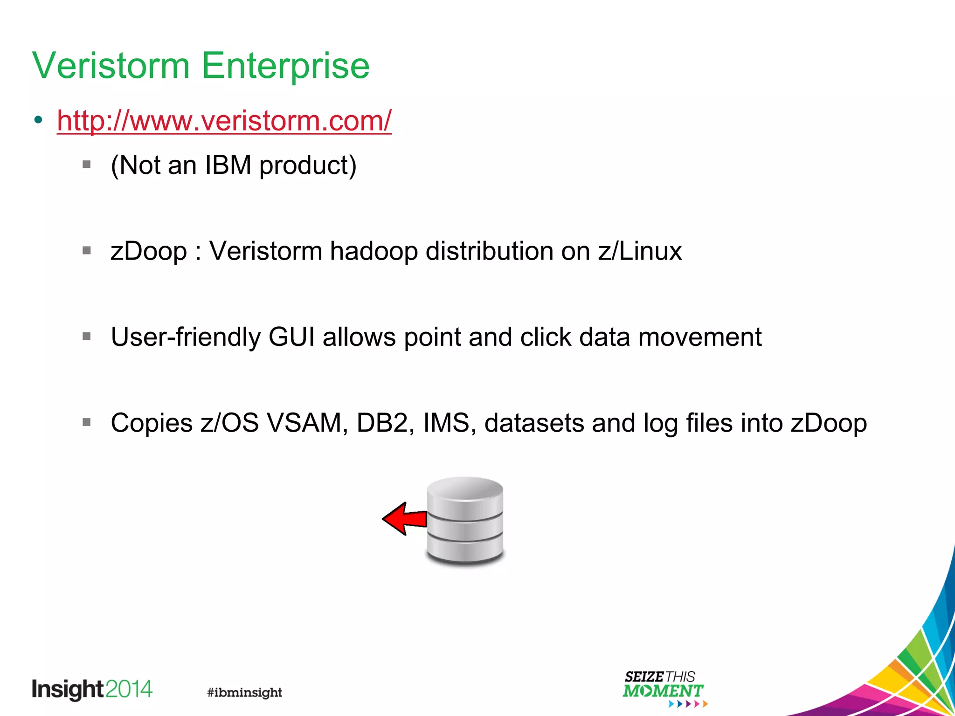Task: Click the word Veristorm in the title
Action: pos(111,66)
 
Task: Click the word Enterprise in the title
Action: pos(285,66)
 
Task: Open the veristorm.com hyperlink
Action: pos(224,121)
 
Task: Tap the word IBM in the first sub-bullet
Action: pos(228,165)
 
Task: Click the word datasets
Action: pos(534,423)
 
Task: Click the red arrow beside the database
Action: pos(404,518)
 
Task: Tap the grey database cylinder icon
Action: pos(465,521)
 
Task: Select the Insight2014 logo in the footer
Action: pos(92,689)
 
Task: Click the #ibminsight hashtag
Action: pos(244,693)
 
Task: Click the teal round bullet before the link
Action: pos(38,120)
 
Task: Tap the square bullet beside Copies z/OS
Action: pos(87,422)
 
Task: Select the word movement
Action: pos(699,337)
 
